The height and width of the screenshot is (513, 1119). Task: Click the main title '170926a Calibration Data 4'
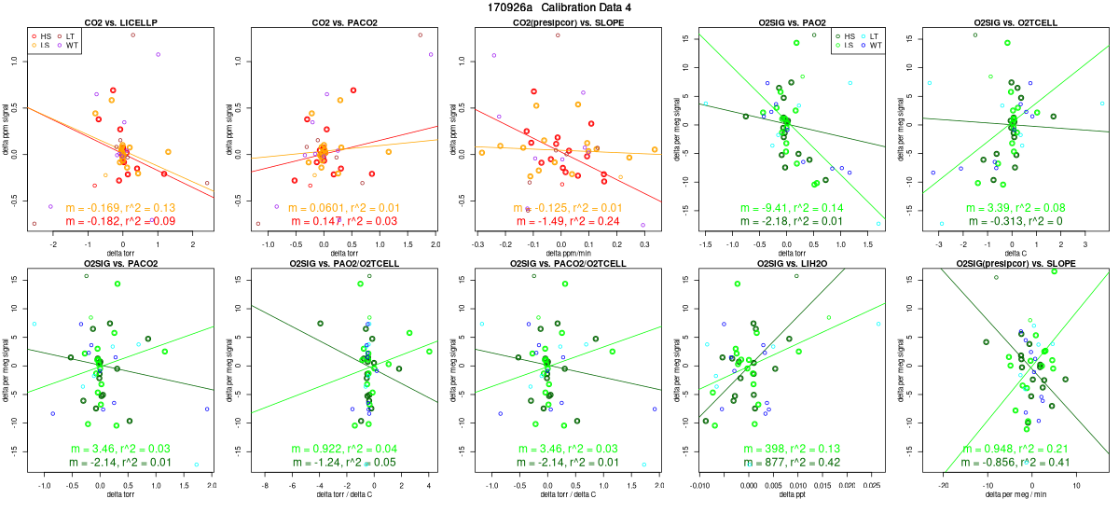(559, 7)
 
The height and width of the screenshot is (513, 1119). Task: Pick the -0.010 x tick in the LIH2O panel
(700, 485)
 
